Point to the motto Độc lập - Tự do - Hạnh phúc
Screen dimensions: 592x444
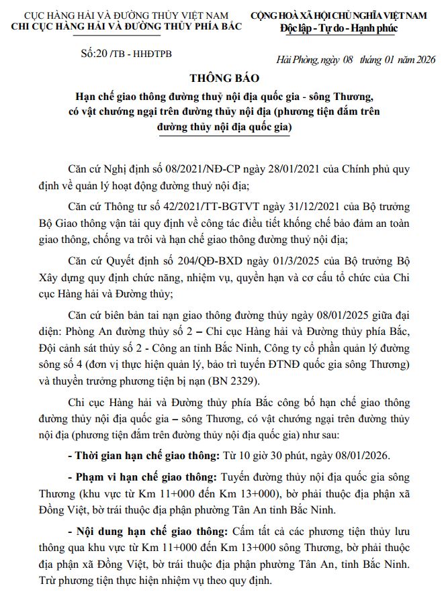tap(340, 29)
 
